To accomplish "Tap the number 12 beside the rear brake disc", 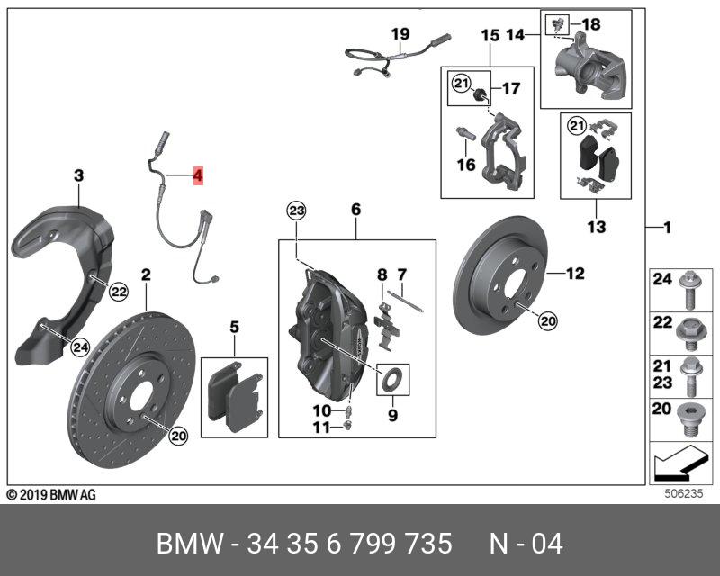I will [576, 273].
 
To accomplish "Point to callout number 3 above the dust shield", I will [78, 175].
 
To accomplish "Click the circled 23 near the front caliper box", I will [296, 211].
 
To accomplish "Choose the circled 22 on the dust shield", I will [118, 290].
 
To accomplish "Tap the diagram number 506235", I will [680, 491].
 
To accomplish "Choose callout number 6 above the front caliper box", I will [355, 210].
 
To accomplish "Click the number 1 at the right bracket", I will [667, 228].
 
